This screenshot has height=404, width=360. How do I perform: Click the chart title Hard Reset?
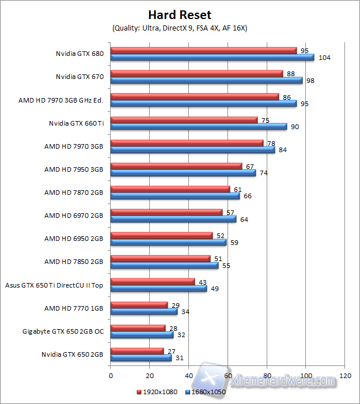[x=180, y=15]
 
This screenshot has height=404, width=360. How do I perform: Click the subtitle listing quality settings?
[x=180, y=28]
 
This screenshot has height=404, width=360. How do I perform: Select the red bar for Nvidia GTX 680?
[x=203, y=51]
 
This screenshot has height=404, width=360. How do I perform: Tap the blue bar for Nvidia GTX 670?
[x=206, y=81]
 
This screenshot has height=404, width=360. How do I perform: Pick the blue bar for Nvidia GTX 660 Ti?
[x=198, y=127]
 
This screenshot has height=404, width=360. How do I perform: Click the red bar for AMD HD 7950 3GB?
[x=176, y=166]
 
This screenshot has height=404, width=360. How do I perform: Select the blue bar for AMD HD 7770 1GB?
[x=143, y=311]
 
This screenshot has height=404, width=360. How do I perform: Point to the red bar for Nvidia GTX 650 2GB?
[x=137, y=350]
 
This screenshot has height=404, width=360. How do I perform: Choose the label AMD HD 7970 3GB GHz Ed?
[x=60, y=100]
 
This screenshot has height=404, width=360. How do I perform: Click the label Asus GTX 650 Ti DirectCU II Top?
[x=54, y=285]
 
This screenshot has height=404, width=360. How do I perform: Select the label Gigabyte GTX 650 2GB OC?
[x=63, y=331]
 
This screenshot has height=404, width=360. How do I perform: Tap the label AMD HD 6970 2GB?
[x=74, y=216]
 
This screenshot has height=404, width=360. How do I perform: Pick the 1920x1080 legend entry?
[x=157, y=392]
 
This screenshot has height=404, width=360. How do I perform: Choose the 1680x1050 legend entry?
[x=206, y=392]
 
